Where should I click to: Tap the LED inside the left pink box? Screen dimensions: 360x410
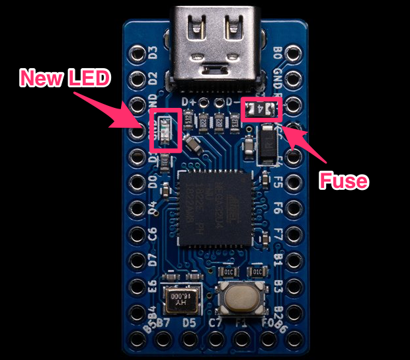point(163,128)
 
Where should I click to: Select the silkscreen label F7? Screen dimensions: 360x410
point(278,235)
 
